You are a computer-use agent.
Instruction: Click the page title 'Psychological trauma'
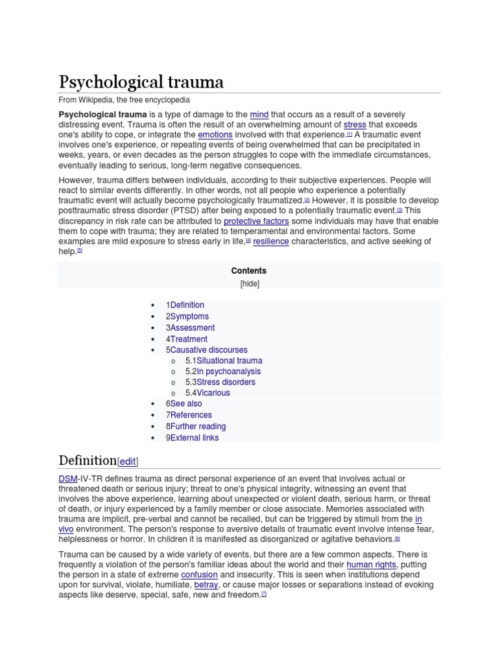pos(141,82)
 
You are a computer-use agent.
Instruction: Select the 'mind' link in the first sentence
pos(259,114)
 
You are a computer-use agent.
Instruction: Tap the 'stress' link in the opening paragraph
pos(355,124)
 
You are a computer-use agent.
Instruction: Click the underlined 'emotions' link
pos(215,135)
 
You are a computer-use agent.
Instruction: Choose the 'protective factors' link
pos(257,221)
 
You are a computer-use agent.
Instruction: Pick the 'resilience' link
pos(270,241)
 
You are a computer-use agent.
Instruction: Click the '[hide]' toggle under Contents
pos(248,283)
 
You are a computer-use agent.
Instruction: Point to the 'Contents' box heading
pos(248,270)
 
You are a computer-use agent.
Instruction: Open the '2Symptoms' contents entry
pos(187,316)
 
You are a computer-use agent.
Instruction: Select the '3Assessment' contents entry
pos(189,327)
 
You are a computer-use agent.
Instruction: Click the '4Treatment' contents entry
pos(186,338)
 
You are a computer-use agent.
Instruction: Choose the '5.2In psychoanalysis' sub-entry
pos(222,372)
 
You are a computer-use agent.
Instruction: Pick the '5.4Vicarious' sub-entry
pos(207,392)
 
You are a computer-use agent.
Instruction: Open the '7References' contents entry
pos(188,415)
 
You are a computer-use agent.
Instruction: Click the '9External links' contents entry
pos(192,438)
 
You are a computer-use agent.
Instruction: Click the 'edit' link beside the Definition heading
pos(128,462)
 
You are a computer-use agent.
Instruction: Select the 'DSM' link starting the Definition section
pos(68,479)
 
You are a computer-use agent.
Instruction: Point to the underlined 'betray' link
pos(206,585)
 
